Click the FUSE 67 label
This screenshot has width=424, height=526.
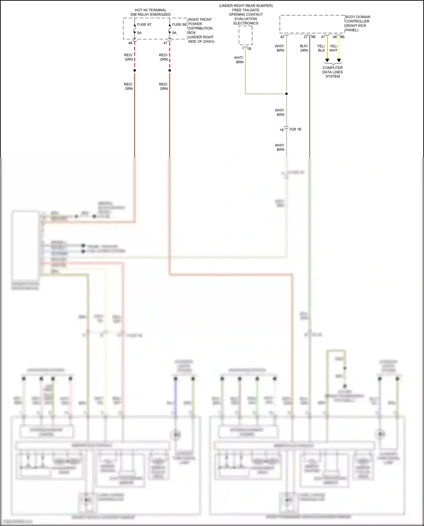point(144,25)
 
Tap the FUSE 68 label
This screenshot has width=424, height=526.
point(179,25)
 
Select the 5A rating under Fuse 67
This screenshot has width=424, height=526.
point(139,33)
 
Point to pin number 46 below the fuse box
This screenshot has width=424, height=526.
point(130,43)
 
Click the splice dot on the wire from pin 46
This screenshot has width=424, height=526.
point(135,70)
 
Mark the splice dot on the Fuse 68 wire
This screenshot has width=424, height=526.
point(170,70)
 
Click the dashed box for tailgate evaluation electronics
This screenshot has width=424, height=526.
point(245,35)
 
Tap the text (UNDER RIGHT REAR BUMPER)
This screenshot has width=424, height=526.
point(246,6)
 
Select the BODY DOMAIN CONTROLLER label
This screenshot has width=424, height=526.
point(358,19)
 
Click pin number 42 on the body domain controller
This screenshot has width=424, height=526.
point(282,37)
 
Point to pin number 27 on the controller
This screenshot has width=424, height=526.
point(306,37)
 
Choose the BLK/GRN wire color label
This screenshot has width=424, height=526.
point(304,48)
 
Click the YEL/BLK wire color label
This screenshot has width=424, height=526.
point(321,48)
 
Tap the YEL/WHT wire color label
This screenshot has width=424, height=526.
point(334,48)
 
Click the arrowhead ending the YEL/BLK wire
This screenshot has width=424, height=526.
point(327,60)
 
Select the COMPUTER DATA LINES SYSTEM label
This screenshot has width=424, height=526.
point(333,72)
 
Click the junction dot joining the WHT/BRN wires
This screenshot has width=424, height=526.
point(286,94)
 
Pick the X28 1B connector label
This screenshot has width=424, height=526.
point(295,129)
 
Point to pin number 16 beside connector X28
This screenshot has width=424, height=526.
point(282,130)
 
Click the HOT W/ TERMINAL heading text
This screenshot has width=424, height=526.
point(150,10)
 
